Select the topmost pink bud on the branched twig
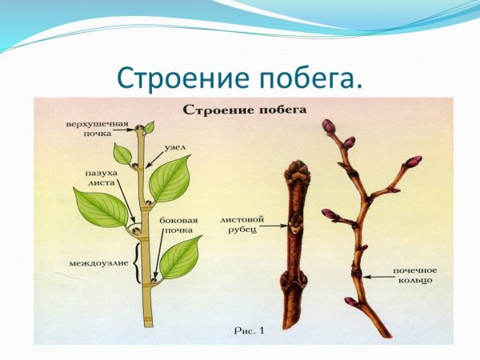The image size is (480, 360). point(328,126)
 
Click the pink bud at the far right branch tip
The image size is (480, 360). point(414,161)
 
